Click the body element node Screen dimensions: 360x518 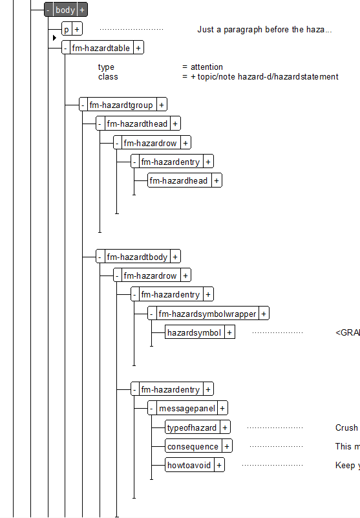65,10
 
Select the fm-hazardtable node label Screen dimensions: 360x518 101,49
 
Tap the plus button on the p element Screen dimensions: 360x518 77,29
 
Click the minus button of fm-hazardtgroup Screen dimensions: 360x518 83,105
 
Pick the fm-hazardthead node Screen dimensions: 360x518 137,124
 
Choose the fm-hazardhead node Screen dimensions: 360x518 178,180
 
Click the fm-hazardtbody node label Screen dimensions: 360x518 137,257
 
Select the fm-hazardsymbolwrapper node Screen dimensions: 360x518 207,314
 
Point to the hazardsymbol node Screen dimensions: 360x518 194,332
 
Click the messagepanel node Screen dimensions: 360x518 187,409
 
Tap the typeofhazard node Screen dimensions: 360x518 192,428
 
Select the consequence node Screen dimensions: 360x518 193,447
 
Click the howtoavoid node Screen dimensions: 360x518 189,466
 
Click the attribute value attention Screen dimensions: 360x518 207,67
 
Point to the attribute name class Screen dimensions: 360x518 108,77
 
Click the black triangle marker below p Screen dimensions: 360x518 54,38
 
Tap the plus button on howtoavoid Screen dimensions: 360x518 219,466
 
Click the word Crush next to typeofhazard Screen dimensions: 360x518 346,428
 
